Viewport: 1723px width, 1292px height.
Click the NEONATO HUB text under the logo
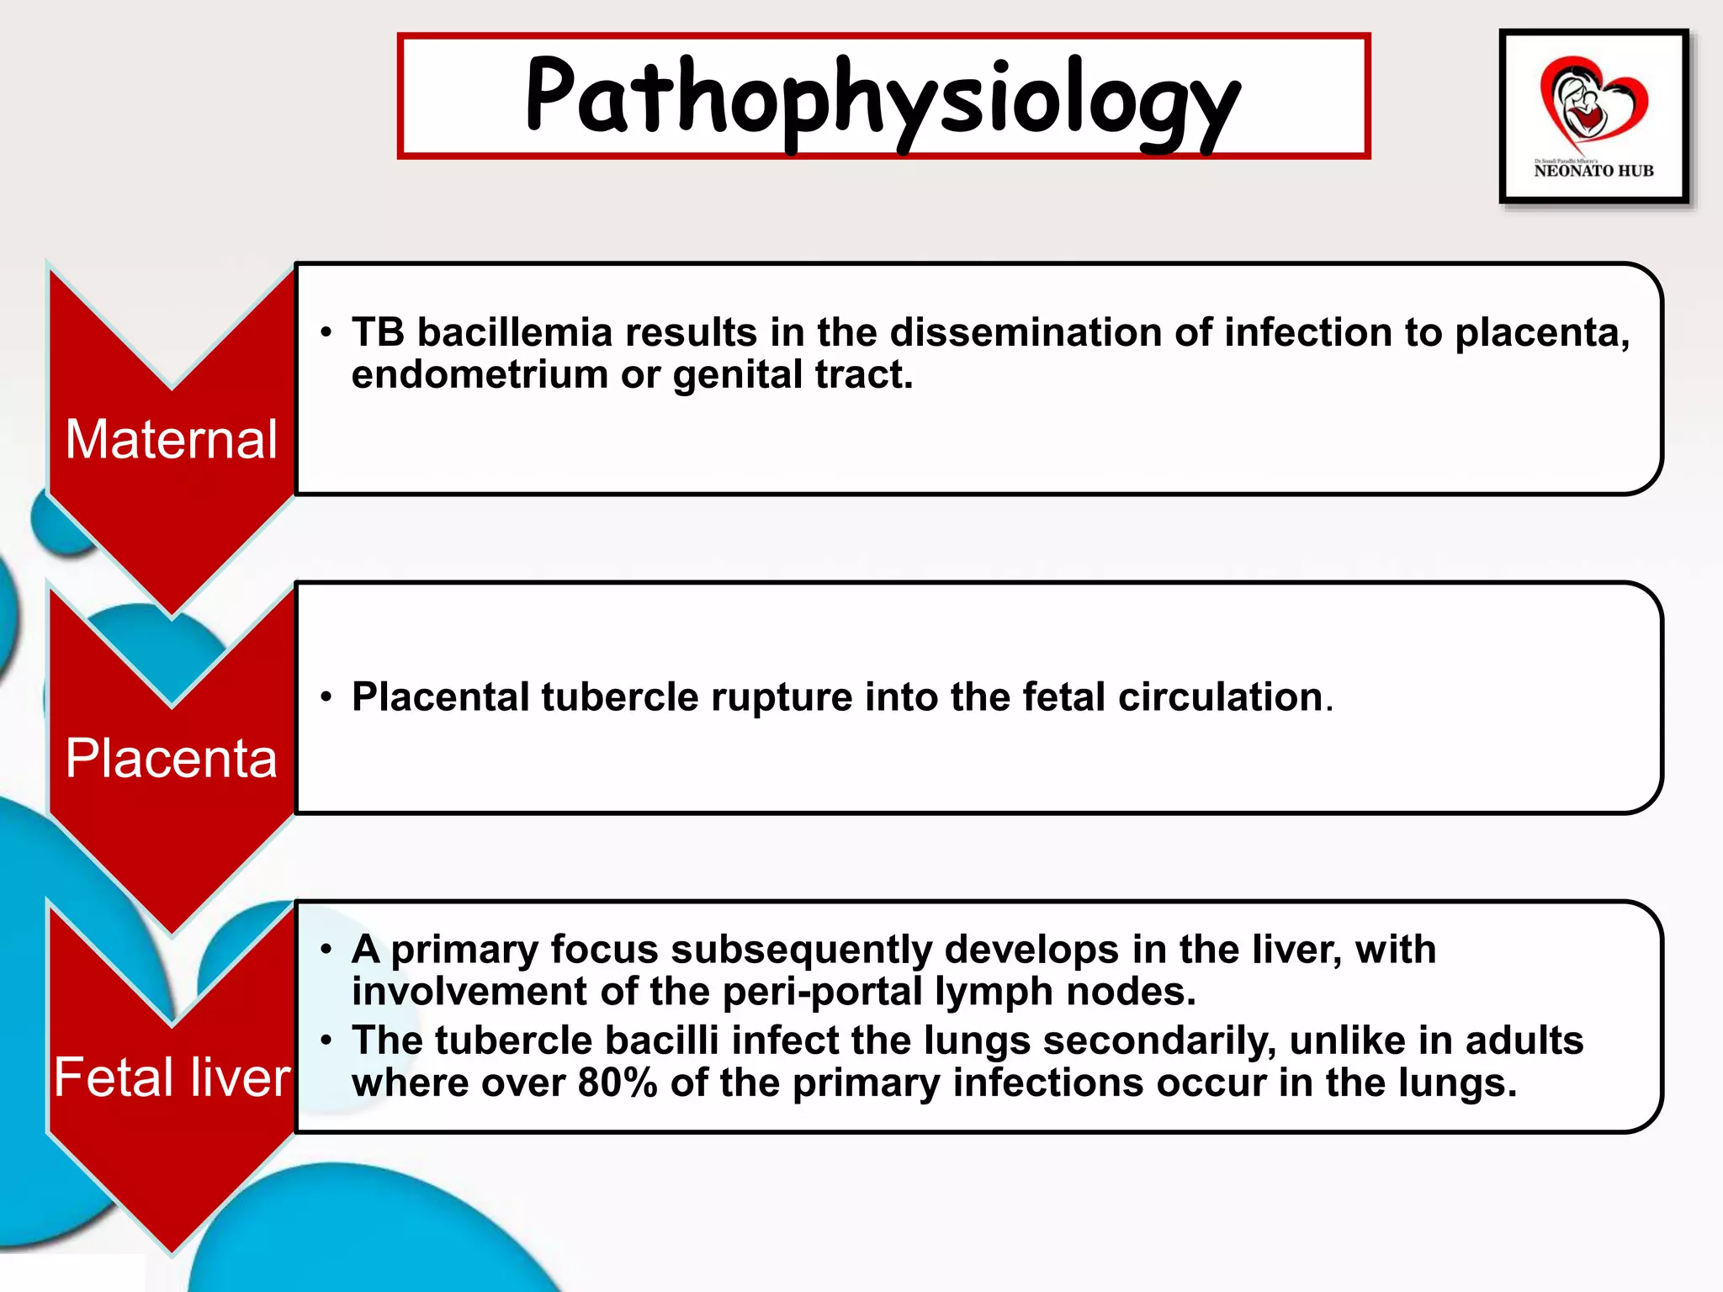(1593, 171)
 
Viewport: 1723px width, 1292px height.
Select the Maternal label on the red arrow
(172, 439)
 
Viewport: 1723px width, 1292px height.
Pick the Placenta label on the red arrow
(172, 758)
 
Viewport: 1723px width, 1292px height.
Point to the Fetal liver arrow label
(172, 1078)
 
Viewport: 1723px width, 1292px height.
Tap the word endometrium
(480, 374)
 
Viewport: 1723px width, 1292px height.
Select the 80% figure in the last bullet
(618, 1083)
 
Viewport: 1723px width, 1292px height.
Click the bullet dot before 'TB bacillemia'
(326, 332)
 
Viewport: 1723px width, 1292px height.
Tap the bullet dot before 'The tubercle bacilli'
(326, 1040)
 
